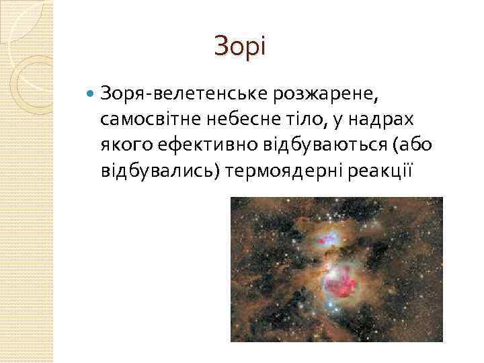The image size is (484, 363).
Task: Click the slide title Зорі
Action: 240,47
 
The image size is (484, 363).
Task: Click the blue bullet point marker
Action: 91,91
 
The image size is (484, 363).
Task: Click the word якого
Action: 123,146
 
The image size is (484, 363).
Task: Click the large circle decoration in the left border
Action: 30,87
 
